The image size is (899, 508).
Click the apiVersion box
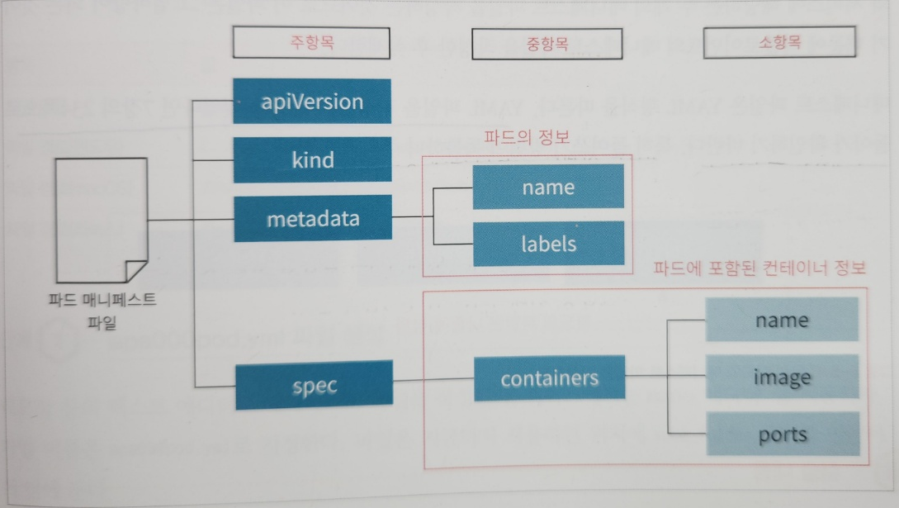311,102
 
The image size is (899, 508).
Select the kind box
311,159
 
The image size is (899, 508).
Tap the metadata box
312,219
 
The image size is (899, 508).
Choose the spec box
313,385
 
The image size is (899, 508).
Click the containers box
549,379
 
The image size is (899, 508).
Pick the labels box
548,245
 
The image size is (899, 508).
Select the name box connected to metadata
548,187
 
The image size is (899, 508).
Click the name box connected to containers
782,320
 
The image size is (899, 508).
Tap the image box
782,377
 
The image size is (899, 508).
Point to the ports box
782,435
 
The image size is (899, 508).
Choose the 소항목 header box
778,44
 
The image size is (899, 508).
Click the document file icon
99,219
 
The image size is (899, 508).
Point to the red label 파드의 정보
526,137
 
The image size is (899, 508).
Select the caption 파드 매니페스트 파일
102,312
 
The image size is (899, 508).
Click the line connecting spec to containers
433,381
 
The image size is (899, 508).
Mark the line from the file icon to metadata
190,221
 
